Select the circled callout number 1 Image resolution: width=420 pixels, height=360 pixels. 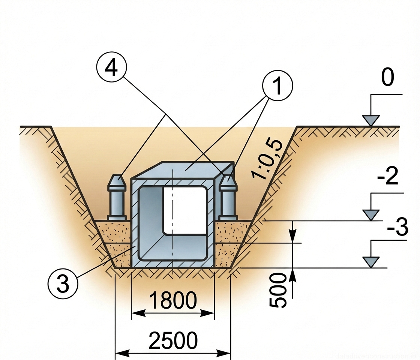coord(277,86)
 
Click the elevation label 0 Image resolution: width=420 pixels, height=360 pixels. coord(387,78)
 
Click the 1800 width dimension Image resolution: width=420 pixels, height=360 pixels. coord(172,301)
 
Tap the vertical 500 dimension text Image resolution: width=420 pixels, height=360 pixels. coord(278,290)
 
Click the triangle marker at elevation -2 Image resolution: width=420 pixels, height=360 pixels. coord(371,215)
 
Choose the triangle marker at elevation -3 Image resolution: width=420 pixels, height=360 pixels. coord(371,262)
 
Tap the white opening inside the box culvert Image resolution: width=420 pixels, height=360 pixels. coord(185,210)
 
